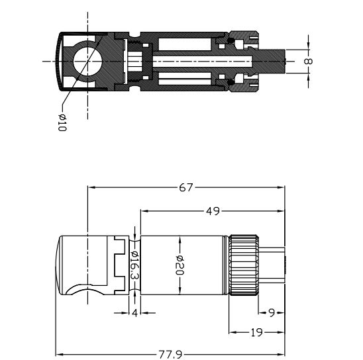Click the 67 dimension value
point(185,187)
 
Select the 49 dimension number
point(213,211)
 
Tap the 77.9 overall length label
point(170,355)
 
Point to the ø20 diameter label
point(180,265)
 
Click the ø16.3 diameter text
point(134,265)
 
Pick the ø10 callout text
point(62,122)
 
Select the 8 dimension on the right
point(308,62)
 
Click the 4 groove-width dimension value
point(134,313)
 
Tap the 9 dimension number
point(272,313)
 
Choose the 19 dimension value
point(256,332)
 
